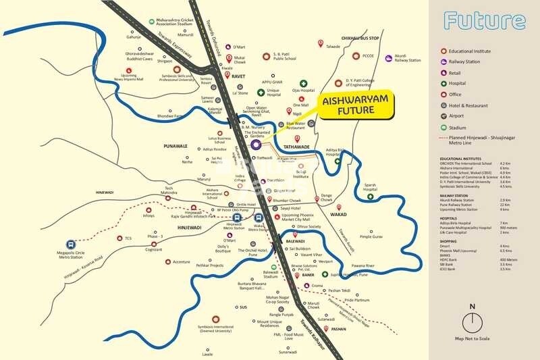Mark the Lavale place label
pos(207,353)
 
